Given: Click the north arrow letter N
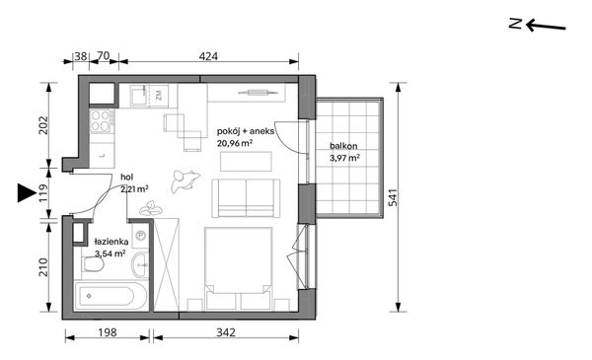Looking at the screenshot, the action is click(515, 24).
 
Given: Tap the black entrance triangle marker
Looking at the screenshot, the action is click(27, 193).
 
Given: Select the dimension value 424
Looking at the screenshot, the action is click(208, 56).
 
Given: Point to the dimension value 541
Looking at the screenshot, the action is click(393, 197).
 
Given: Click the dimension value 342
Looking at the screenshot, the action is click(226, 332).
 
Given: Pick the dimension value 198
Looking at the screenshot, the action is click(108, 332).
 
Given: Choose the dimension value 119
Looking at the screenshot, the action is click(43, 192).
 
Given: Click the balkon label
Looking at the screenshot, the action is click(343, 146).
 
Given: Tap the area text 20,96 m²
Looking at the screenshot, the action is click(235, 143).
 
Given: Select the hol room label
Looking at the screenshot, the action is click(127, 177).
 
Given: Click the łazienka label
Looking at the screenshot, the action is click(111, 242).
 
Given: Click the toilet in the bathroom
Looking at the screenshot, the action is click(93, 264).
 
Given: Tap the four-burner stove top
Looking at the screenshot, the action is click(101, 120).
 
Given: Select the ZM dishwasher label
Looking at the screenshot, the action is click(159, 95).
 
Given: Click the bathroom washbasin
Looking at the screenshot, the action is click(140, 264).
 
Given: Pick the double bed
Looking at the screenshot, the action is click(238, 268).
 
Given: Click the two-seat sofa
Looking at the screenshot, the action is click(246, 198).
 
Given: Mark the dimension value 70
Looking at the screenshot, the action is click(103, 56).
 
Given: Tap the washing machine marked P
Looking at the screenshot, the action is click(140, 236).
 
